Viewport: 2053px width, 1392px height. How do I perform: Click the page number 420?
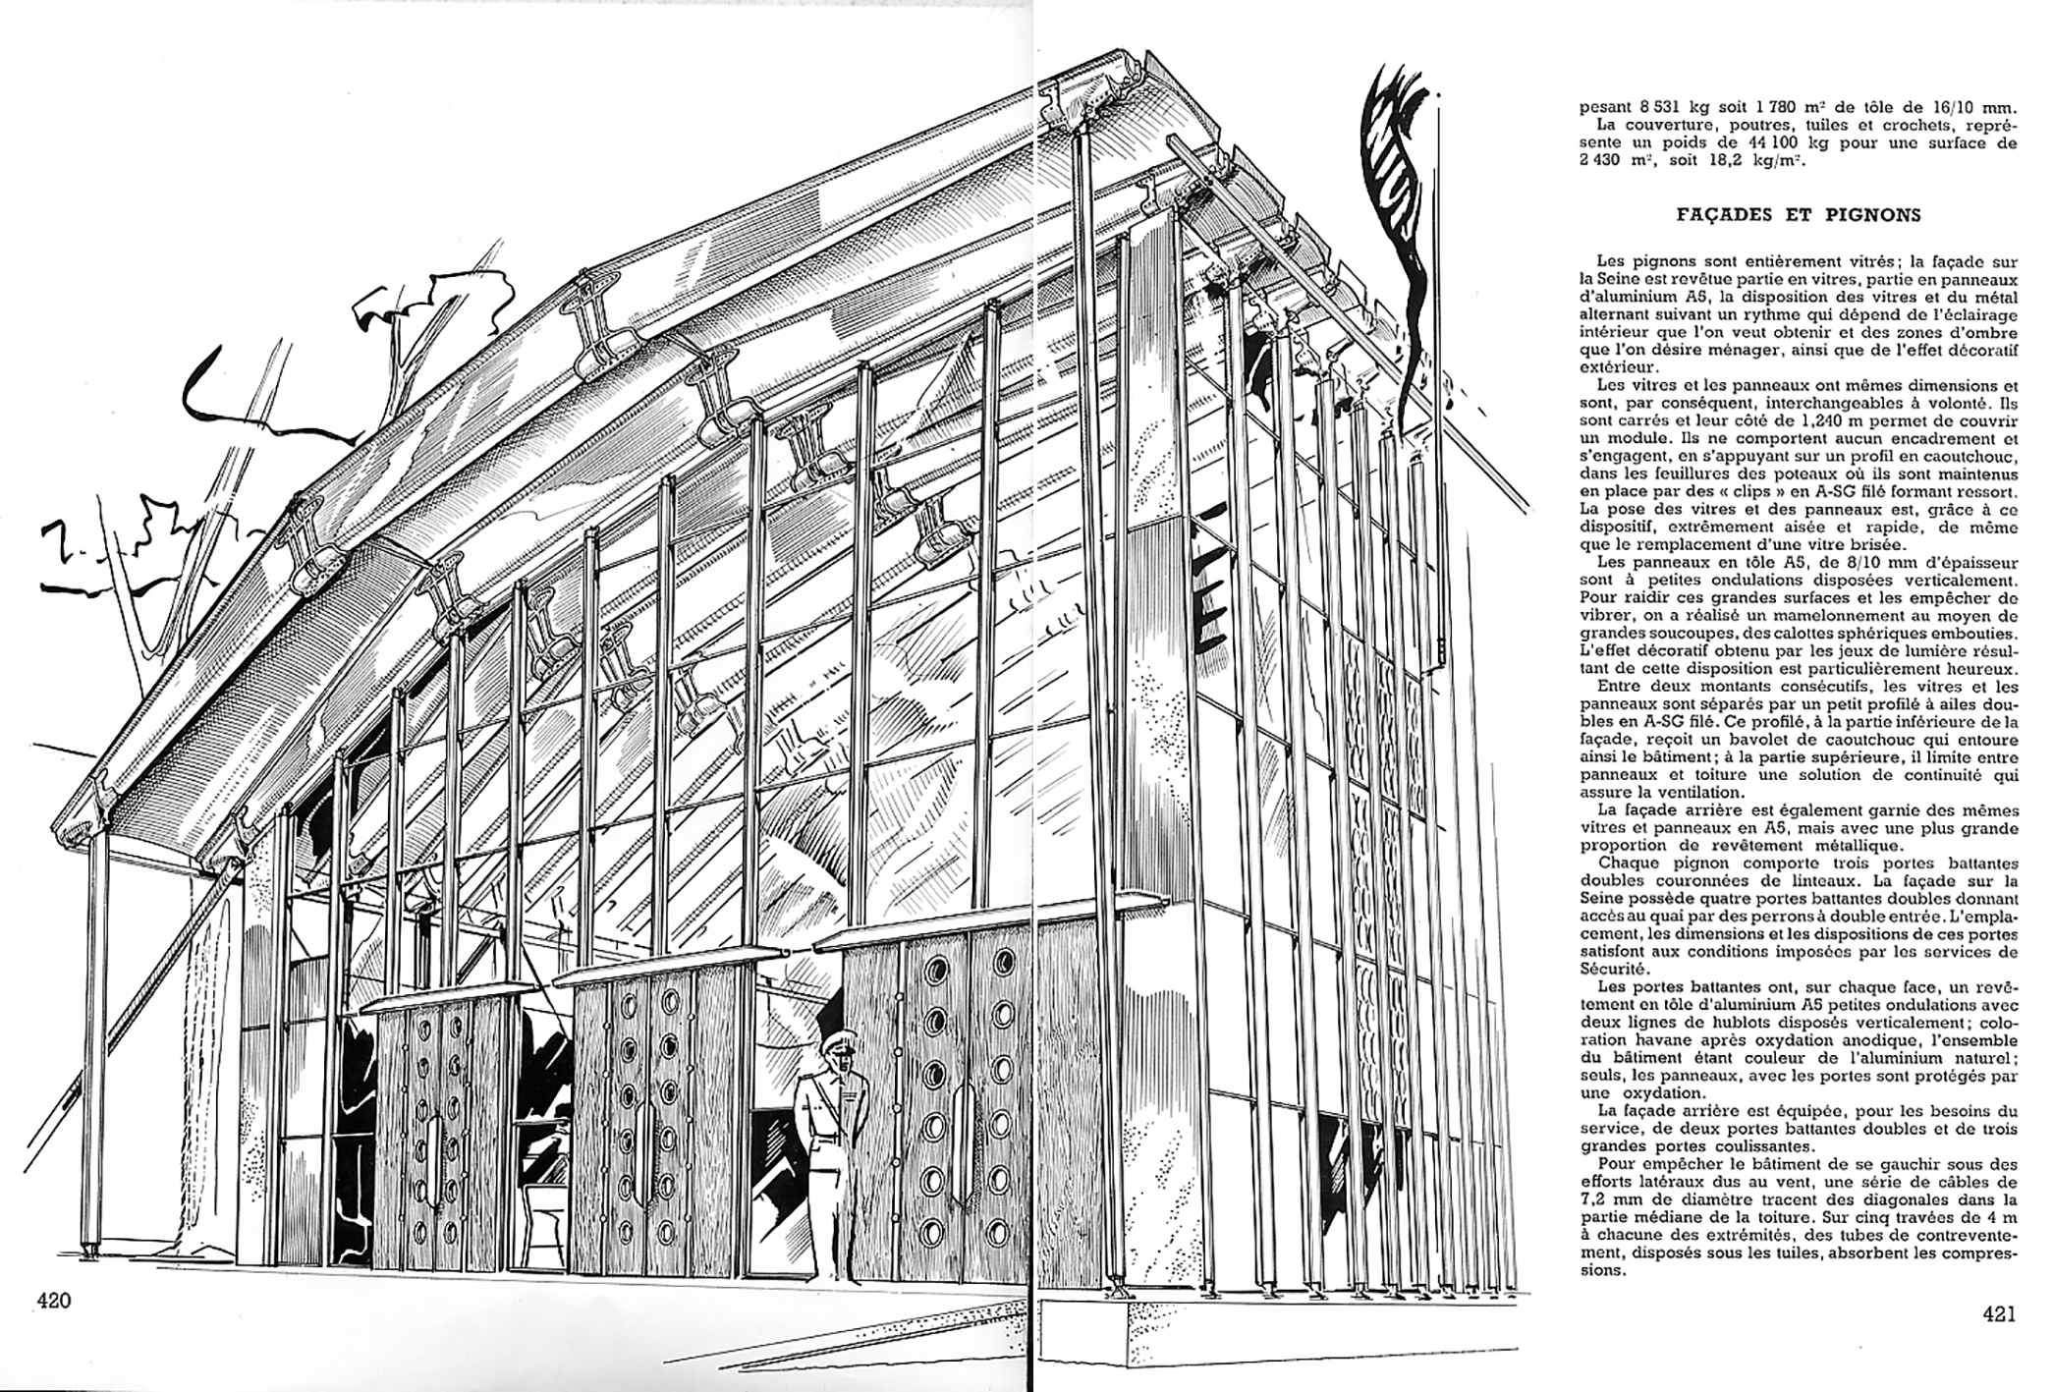click(x=54, y=1301)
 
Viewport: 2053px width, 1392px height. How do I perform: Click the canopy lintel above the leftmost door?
click(x=437, y=1001)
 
